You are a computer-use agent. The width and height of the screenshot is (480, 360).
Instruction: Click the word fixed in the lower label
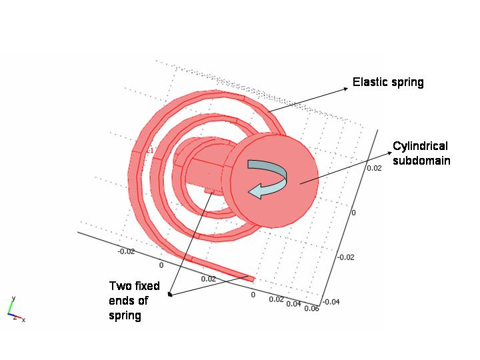click(148, 286)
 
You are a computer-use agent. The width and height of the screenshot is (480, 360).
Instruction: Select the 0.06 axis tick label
click(311, 308)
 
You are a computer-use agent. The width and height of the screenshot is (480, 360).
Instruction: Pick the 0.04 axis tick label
click(294, 303)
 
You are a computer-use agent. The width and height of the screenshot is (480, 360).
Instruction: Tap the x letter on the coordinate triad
click(23, 320)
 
